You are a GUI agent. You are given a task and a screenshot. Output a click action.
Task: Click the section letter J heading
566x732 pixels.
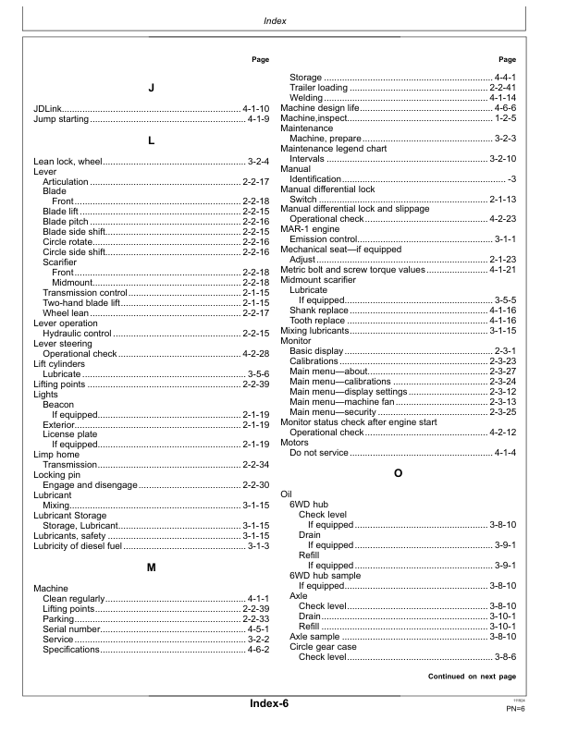151,88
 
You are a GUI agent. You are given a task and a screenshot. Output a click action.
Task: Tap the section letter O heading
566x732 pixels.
398,473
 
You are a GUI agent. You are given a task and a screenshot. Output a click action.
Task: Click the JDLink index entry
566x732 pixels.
50,109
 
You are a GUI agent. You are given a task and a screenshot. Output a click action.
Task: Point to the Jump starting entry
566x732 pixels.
62,119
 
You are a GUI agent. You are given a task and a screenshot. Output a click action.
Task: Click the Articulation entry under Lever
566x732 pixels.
66,182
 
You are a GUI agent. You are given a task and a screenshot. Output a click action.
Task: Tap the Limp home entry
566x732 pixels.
56,454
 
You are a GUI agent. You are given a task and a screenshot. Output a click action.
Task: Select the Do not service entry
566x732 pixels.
320,453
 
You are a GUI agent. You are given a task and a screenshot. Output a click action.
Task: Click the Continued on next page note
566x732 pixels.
472,677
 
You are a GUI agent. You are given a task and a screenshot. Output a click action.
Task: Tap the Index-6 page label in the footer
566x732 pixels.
269,704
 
